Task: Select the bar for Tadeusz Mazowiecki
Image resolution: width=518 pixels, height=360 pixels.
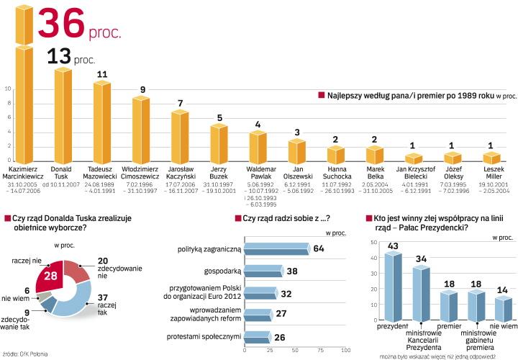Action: (101, 122)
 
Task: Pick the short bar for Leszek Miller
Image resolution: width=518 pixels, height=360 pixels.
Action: (491, 158)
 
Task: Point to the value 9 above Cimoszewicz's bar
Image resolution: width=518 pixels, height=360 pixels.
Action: (142, 89)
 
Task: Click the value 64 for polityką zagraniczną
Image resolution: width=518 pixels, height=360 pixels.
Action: (319, 248)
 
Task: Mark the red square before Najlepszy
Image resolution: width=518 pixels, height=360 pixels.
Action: (321, 94)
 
